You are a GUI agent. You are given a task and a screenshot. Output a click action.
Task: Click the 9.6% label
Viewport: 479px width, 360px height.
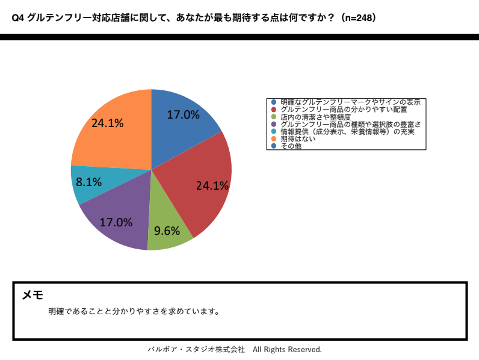coord(167,231)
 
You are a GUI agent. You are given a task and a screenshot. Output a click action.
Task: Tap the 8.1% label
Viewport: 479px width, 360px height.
coord(88,182)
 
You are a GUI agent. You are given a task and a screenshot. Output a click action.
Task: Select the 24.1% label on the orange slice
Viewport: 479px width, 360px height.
coord(108,123)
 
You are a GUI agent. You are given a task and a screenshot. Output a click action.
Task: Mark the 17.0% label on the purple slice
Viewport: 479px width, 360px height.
coord(116,222)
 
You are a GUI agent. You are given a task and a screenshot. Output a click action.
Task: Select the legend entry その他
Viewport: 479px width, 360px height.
coord(291,146)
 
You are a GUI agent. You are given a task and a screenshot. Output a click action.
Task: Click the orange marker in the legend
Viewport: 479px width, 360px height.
coord(274,138)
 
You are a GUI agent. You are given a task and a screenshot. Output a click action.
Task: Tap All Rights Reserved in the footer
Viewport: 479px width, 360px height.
coord(287,350)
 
